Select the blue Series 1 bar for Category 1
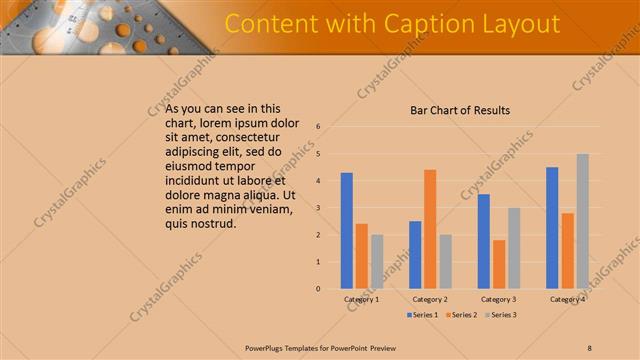tap(346, 231)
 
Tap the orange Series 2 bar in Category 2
tap(430, 229)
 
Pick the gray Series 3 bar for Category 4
tap(583, 221)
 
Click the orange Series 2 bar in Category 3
tap(499, 264)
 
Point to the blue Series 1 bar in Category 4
tap(552, 228)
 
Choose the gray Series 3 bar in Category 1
tap(377, 262)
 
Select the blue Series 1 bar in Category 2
tap(415, 255)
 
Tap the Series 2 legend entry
tap(461, 315)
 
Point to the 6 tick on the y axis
tap(317, 127)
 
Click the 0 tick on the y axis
tap(317, 289)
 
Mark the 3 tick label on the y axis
tap(317, 208)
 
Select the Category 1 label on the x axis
tap(361, 299)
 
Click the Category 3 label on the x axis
tap(498, 299)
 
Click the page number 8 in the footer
tap(589, 348)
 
